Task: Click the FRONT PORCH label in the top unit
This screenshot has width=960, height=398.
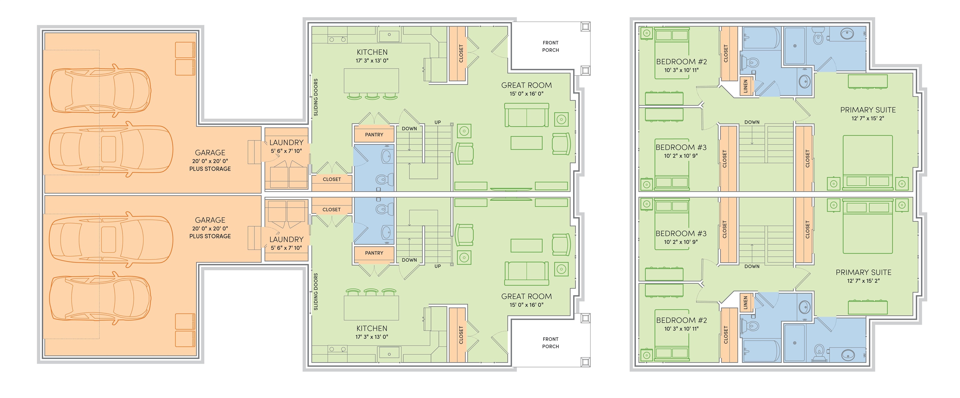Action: [x=550, y=46]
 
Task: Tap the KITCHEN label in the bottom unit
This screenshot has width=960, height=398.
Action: [x=372, y=328]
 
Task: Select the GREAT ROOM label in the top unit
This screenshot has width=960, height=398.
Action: [x=526, y=85]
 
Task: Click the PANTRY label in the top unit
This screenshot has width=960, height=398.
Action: [x=374, y=135]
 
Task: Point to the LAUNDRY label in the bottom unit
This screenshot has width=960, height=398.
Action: [x=286, y=239]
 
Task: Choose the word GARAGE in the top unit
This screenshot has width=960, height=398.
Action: [x=210, y=153]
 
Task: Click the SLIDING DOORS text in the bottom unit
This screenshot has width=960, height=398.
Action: [x=316, y=292]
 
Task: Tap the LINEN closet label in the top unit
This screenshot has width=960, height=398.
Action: [x=745, y=86]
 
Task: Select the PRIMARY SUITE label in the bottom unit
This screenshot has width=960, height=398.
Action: [x=863, y=272]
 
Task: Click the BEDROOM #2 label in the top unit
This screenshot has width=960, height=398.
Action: [x=681, y=62]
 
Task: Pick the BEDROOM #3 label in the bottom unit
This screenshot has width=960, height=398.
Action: [x=681, y=233]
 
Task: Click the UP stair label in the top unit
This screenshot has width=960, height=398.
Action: [x=437, y=122]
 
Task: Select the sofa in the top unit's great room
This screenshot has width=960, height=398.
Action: [x=526, y=115]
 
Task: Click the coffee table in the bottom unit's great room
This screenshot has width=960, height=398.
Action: [x=526, y=245]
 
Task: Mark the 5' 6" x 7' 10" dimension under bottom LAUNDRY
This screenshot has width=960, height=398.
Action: [x=286, y=248]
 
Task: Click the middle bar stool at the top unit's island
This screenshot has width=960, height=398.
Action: [x=372, y=97]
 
